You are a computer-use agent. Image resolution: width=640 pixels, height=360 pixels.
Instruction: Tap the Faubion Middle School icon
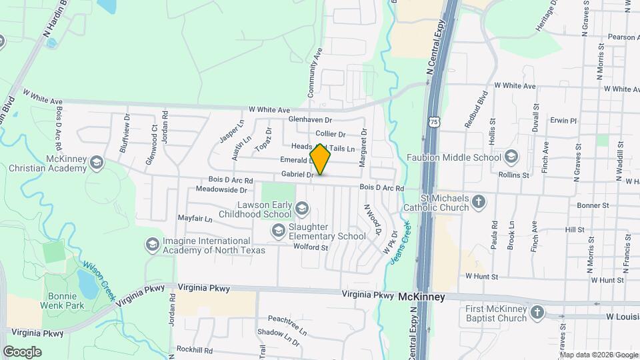pyautogui.click(x=511, y=158)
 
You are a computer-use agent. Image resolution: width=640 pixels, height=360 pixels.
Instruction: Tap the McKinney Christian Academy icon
pyautogui.click(x=97, y=163)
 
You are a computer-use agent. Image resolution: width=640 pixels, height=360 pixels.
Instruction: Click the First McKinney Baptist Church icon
pyautogui.click(x=537, y=313)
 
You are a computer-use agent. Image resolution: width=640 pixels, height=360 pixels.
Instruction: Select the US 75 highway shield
pyautogui.click(x=434, y=122)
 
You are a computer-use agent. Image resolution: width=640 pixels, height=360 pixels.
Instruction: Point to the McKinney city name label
pyautogui.click(x=421, y=298)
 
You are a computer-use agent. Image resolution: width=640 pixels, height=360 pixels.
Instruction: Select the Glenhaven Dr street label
pyautogui.click(x=310, y=119)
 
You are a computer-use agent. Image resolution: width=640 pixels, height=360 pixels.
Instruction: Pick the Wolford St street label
pyautogui.click(x=311, y=247)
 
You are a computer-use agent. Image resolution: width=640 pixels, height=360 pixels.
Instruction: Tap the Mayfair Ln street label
pyautogui.click(x=195, y=219)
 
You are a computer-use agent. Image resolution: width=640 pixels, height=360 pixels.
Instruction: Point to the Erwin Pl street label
pyautogui.click(x=563, y=121)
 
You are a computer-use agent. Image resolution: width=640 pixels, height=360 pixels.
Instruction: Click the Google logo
pyautogui.click(x=22, y=351)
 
